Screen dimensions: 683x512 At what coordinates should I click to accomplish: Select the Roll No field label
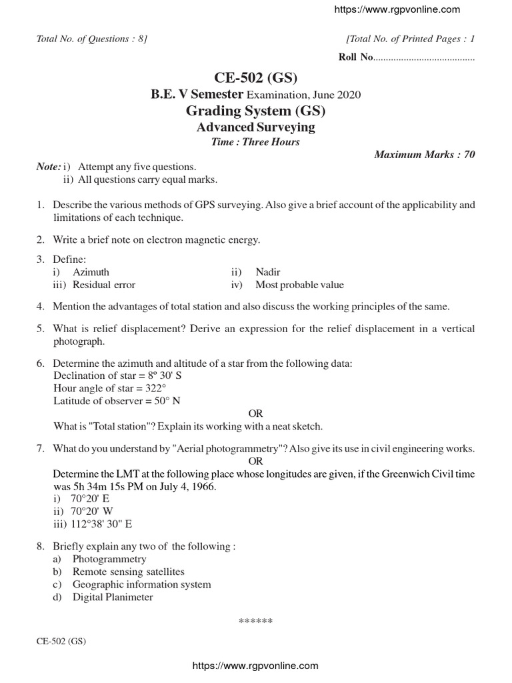click(x=355, y=58)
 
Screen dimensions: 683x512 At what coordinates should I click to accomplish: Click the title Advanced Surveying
click(x=255, y=127)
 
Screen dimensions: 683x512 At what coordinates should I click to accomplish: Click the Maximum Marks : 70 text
click(x=425, y=155)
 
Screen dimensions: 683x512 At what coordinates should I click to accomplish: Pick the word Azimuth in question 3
click(x=91, y=272)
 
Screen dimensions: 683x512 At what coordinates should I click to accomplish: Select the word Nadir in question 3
click(x=268, y=272)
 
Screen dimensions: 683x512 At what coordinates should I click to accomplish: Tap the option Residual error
click(x=103, y=285)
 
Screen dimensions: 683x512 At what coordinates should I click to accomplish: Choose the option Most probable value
click(x=299, y=285)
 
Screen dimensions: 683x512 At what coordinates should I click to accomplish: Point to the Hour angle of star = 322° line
click(x=110, y=388)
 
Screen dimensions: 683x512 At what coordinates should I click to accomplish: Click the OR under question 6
click(x=255, y=414)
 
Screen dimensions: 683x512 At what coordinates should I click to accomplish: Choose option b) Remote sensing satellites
click(x=128, y=572)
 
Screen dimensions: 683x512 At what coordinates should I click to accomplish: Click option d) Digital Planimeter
click(x=112, y=597)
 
